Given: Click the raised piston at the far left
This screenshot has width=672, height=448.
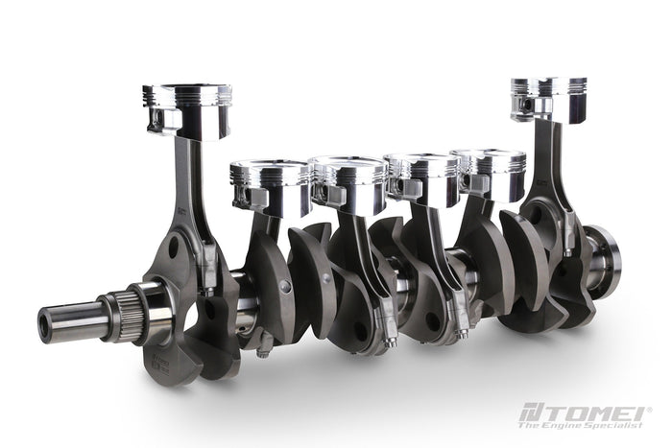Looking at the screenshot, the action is tap(187, 110).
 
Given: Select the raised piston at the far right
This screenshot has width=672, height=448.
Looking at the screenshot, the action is tap(548, 100).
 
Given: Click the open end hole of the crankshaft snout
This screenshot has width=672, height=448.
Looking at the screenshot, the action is tap(44, 320).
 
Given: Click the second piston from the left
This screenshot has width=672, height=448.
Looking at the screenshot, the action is tap(270, 188).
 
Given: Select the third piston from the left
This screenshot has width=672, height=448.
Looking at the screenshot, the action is tap(349, 184).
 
